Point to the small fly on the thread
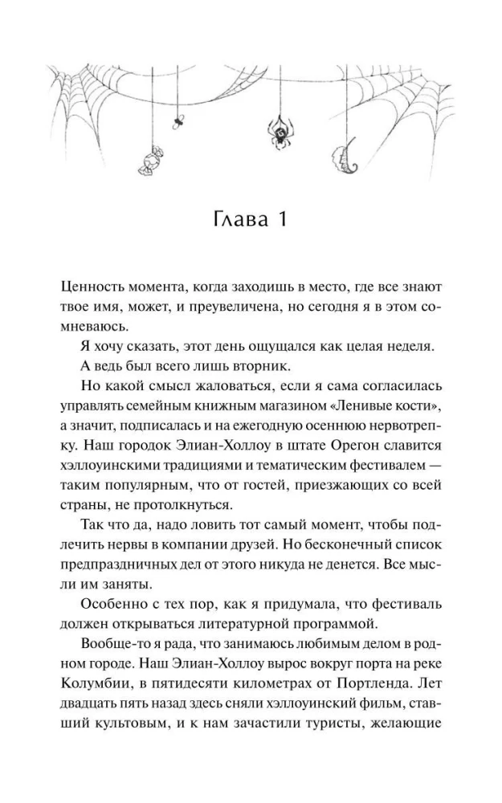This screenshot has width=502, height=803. pyautogui.click(x=178, y=121)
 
